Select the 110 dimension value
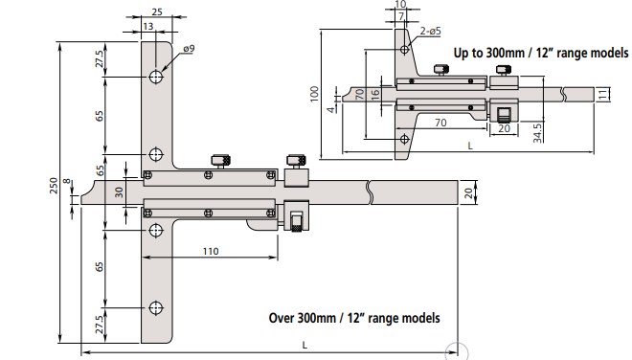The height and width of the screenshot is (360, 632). point(212,251)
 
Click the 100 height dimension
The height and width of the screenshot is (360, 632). point(314,93)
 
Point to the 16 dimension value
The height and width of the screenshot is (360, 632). point(374,95)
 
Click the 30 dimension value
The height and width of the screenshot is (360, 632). point(120,191)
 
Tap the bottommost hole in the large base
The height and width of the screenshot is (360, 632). point(156,307)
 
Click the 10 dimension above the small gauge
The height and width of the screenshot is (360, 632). point(400,5)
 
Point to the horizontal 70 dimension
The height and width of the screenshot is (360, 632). point(441,123)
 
